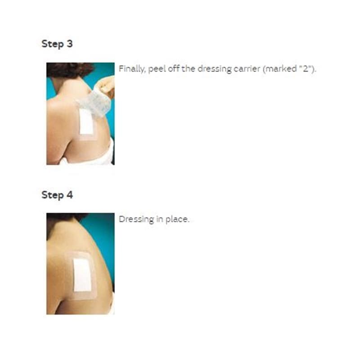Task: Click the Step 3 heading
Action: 57,44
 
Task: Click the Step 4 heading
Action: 57,195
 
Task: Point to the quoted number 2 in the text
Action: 306,68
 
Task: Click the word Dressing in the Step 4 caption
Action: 136,220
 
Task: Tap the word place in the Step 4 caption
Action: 177,220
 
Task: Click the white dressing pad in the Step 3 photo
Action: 86,121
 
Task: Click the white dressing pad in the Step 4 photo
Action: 82,274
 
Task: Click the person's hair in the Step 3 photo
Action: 69,69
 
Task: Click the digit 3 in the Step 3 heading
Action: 70,44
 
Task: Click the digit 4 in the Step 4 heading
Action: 70,195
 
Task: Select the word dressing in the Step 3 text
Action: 215,69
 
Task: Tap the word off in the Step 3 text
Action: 174,68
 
